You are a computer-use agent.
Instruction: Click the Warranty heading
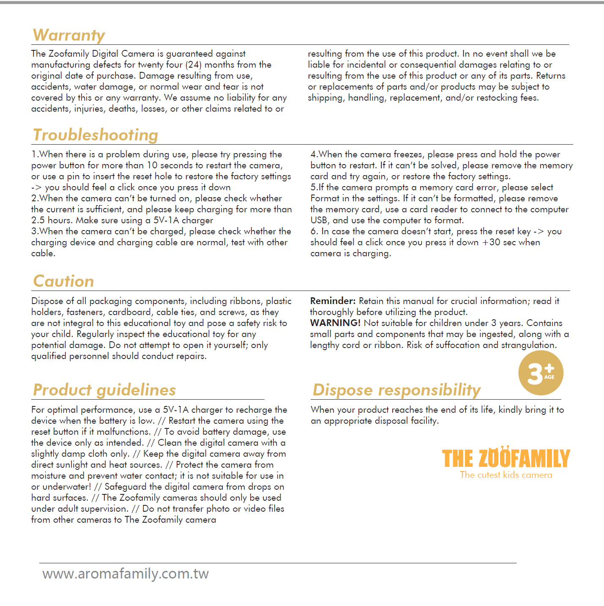pyautogui.click(x=69, y=35)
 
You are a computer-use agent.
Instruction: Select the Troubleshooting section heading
pyautogui.click(x=96, y=135)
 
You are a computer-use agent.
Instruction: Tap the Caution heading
pyautogui.click(x=63, y=281)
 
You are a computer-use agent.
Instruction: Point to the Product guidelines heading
pyautogui.click(x=104, y=390)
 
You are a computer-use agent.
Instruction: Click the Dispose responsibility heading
pyautogui.click(x=396, y=390)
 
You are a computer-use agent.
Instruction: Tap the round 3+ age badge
pyautogui.click(x=541, y=373)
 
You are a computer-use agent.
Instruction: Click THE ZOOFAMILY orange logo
pyautogui.click(x=506, y=458)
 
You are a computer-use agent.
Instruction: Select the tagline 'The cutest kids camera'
pyautogui.click(x=506, y=475)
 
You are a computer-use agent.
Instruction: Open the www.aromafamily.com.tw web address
pyautogui.click(x=126, y=574)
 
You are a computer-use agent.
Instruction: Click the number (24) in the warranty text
pyautogui.click(x=193, y=65)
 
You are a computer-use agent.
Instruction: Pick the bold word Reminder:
pyautogui.click(x=333, y=301)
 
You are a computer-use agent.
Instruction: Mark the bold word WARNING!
pyautogui.click(x=335, y=323)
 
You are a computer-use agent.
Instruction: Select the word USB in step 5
pyautogui.click(x=319, y=220)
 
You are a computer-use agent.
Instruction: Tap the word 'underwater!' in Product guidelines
pyautogui.click(x=67, y=487)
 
